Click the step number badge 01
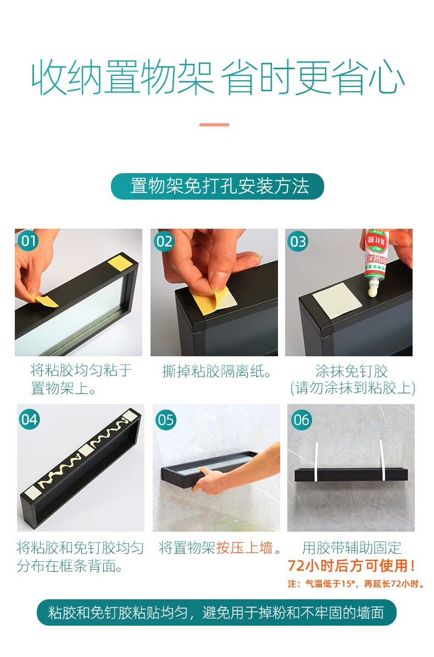[28, 241]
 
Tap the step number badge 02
[164, 241]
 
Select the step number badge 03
[298, 241]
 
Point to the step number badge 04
[29, 419]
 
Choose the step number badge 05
[166, 420]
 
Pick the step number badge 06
[302, 420]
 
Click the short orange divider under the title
[214, 124]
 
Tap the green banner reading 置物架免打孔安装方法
[217, 186]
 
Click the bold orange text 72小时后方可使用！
[352, 566]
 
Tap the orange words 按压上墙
[244, 548]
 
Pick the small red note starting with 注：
[356, 584]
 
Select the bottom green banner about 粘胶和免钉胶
[216, 612]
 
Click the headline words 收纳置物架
[123, 78]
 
